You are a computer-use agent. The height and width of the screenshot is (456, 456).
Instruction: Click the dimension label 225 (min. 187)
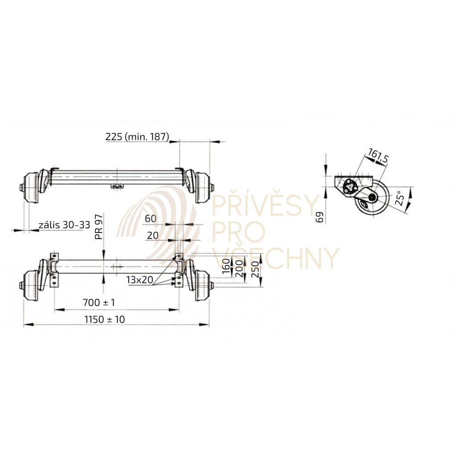[137, 137]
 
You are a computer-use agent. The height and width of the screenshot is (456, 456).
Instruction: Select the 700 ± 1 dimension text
[99, 303]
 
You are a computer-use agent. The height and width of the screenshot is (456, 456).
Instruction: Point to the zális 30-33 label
[64, 225]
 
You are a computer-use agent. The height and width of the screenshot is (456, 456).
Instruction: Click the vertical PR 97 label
[99, 227]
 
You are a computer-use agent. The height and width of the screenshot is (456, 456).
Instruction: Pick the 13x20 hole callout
[139, 280]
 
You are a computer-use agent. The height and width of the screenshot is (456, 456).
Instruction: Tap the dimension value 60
[151, 219]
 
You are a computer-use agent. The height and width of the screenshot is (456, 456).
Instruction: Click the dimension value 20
[153, 236]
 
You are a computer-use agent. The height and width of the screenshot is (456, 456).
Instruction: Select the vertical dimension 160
[226, 267]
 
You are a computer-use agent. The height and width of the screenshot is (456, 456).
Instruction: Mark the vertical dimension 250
[255, 269]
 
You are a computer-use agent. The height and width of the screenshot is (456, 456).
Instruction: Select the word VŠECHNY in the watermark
[276, 258]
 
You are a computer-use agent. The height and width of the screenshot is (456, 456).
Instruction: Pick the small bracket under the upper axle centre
[117, 186]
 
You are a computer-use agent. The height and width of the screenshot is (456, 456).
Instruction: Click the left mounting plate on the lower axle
[54, 270]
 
